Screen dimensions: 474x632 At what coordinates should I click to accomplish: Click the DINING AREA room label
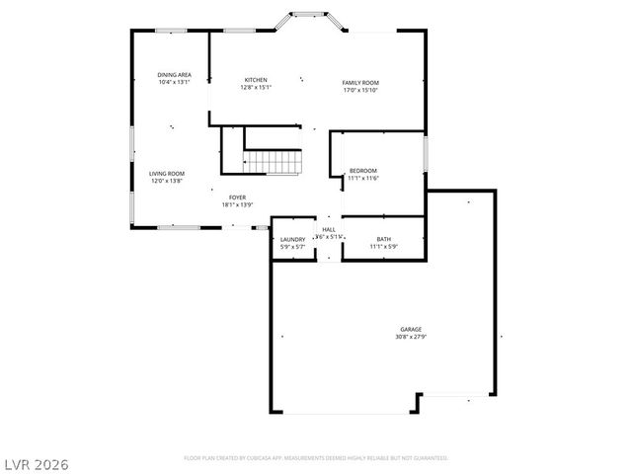(174, 75)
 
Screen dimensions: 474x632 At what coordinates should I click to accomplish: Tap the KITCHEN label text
(256, 80)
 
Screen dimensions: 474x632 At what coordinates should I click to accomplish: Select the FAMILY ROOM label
(360, 82)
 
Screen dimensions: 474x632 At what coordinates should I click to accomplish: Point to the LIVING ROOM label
(167, 174)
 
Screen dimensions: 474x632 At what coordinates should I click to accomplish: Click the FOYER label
(237, 197)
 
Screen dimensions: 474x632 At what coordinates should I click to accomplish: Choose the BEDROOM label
(362, 171)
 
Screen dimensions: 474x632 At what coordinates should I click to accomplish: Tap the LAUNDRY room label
(292, 239)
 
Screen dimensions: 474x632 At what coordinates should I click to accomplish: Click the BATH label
(383, 239)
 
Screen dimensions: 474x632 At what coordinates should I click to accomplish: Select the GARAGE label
(411, 329)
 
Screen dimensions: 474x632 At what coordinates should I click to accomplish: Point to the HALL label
(328, 230)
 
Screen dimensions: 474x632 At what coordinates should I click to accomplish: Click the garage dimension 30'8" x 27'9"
(411, 337)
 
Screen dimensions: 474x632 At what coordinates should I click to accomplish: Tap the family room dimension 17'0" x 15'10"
(360, 90)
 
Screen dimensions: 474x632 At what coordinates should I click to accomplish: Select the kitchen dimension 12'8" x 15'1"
(256, 88)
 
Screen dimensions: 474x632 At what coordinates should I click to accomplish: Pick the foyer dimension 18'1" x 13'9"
(237, 205)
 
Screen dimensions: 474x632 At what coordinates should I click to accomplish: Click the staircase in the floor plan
(272, 161)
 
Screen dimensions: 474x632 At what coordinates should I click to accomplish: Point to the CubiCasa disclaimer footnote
(316, 458)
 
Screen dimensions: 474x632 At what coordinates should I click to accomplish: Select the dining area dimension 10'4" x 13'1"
(174, 83)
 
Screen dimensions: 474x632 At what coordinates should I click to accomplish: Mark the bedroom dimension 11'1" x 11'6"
(362, 179)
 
